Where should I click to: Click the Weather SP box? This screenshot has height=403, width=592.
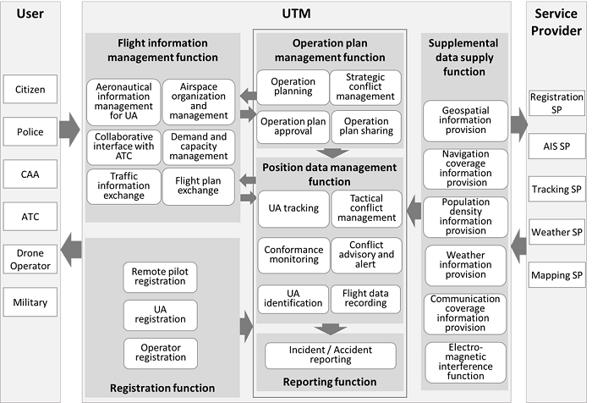pyautogui.click(x=556, y=232)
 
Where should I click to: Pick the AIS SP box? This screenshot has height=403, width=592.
pyautogui.click(x=556, y=146)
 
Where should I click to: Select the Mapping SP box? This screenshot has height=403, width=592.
pyautogui.click(x=556, y=275)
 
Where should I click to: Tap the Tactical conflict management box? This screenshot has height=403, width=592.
pyautogui.click(x=366, y=207)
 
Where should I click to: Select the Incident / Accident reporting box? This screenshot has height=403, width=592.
pyautogui.click(x=331, y=354)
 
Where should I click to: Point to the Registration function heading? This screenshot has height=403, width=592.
pyautogui.click(x=162, y=389)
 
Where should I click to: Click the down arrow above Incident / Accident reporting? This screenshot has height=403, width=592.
pyautogui.click(x=331, y=328)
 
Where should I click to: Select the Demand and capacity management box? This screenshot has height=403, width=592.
pyautogui.click(x=199, y=145)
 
